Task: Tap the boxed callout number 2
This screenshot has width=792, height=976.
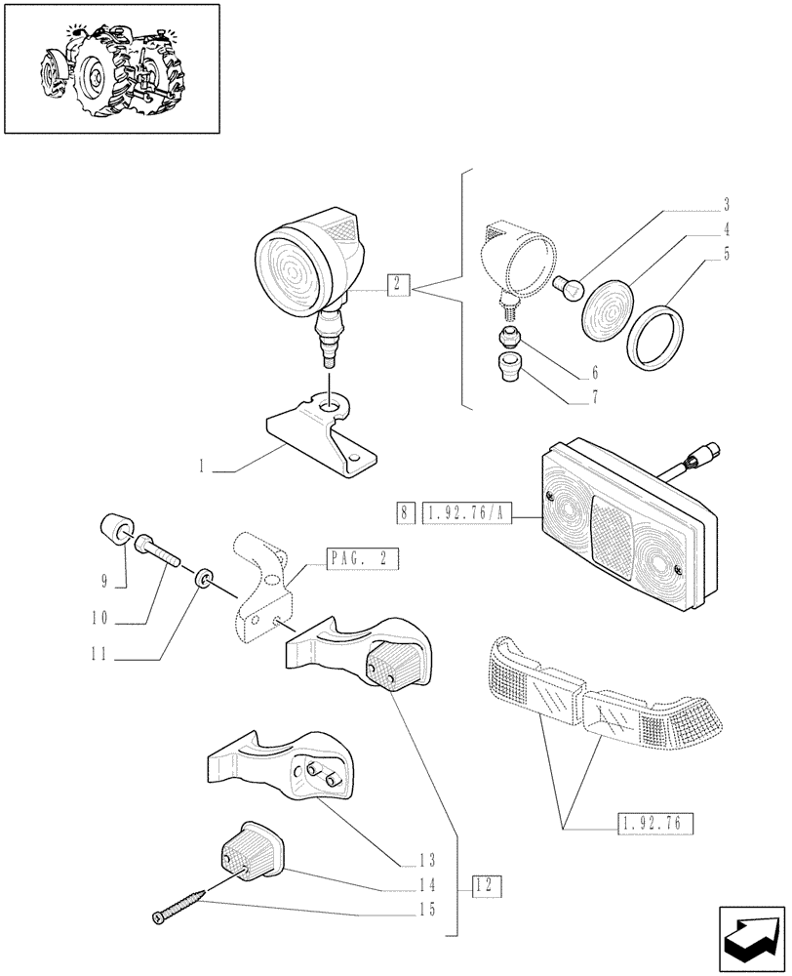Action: pos(396,285)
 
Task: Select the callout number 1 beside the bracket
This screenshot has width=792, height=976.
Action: pos(201,468)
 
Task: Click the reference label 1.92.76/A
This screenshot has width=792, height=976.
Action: pos(467,511)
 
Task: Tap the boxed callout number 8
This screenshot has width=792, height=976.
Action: pos(404,511)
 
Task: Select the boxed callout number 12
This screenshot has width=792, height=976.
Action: pos(486,886)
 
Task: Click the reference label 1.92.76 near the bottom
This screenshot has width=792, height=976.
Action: pos(654,824)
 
